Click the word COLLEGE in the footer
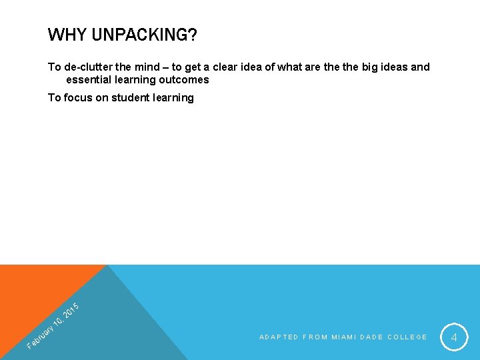point(407,337)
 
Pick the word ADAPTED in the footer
point(279,337)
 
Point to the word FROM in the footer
point(315,337)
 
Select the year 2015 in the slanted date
point(71,310)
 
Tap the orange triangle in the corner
point(33,293)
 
